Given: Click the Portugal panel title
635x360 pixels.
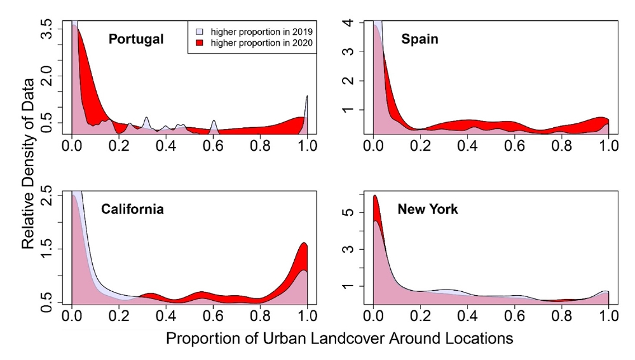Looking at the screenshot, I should (135, 39).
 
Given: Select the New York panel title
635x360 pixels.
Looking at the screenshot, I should (427, 209).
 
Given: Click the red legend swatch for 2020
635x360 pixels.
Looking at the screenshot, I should (199, 43).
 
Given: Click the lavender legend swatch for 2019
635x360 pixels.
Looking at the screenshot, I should (199, 31).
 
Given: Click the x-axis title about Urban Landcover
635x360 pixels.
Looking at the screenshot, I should (339, 339).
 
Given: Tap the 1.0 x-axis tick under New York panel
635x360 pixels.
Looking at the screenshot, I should (608, 315).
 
